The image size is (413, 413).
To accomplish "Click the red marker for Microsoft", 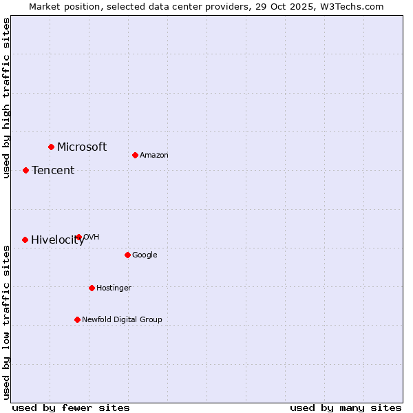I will (51, 147).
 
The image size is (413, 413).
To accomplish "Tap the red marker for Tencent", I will (25, 170).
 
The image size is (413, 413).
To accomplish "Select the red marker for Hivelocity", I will (25, 240).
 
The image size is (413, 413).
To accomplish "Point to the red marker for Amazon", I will (135, 155).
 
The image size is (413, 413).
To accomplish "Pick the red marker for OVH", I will (78, 237).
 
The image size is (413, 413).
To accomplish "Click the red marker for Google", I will (127, 255).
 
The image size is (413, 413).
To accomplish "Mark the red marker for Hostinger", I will (92, 288).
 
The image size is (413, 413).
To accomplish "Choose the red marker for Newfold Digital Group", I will (77, 319).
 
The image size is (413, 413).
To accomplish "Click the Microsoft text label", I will (82, 147).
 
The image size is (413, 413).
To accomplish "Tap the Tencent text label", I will (53, 170).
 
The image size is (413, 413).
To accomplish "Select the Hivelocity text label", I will (58, 240).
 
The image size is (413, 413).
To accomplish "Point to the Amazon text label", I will (154, 155).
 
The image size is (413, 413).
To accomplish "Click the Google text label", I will (145, 255).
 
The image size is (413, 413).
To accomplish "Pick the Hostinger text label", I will (114, 288).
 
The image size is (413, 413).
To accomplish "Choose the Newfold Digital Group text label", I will (122, 319).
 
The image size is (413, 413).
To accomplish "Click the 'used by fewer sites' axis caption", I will (71, 407).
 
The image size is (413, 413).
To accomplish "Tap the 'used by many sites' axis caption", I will (346, 407).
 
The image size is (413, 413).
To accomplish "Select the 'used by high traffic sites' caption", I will (6, 98).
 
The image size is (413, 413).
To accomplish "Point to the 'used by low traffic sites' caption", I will (6, 321).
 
